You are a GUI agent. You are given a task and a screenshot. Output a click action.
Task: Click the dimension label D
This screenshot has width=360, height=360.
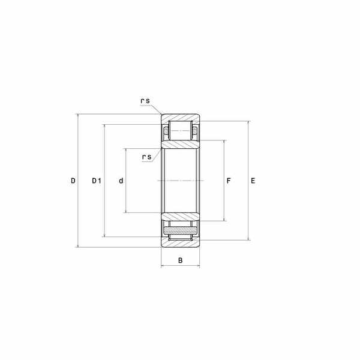[73, 181]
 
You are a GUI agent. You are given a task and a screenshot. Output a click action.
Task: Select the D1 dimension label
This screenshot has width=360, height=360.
[97, 181]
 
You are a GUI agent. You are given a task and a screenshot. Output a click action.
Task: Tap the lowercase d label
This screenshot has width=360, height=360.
[121, 181]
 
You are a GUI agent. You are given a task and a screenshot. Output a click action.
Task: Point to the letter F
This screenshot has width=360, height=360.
[229, 181]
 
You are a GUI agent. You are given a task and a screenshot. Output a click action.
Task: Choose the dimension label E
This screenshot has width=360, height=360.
[253, 181]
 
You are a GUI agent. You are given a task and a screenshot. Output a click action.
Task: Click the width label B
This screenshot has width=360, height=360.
[181, 260]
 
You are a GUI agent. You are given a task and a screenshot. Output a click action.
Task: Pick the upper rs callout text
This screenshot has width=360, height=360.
[145, 101]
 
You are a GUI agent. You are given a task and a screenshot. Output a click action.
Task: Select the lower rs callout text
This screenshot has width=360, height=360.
[147, 157]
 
